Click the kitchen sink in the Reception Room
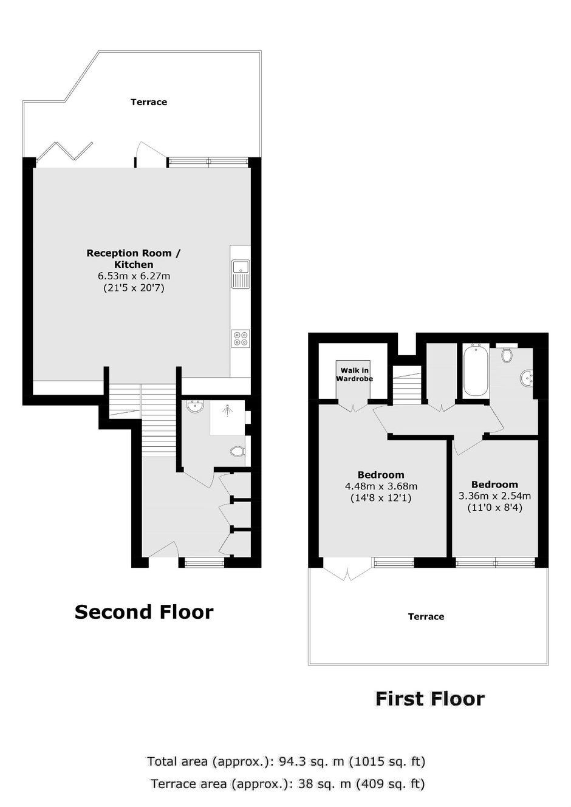241,274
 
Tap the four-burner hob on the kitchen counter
241,338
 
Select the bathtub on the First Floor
476,370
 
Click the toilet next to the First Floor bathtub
507,354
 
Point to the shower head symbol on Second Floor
228,410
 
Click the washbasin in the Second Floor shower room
195,406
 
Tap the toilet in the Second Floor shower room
238,451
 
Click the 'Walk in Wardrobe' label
354,374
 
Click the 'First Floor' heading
430,698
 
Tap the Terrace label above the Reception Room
149,102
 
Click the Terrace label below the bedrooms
426,616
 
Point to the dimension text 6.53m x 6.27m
134,276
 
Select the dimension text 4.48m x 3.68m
381,486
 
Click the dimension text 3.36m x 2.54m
494,496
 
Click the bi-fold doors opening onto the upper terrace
65,151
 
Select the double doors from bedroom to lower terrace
347,569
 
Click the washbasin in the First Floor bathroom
527,378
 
